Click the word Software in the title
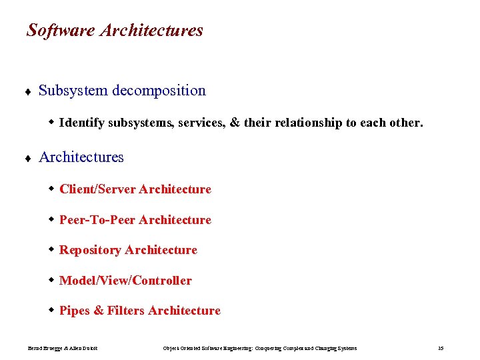(x=61, y=31)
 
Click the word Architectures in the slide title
(x=152, y=31)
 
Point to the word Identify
(x=82, y=123)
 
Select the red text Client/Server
(x=97, y=189)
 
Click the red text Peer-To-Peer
(x=97, y=220)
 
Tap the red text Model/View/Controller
(x=125, y=281)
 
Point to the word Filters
(x=125, y=311)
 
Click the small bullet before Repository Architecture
(x=52, y=250)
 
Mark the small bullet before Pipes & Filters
(x=52, y=310)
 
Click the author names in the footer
(x=63, y=348)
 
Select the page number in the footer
(x=441, y=348)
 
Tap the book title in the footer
(x=260, y=348)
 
